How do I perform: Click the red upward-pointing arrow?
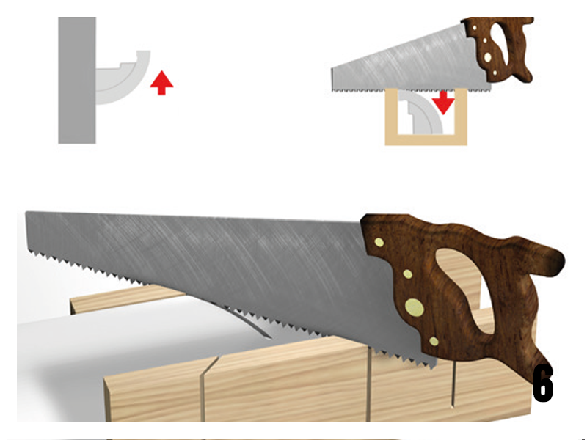[161, 83]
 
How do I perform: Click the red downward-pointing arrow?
[443, 102]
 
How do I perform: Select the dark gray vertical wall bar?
[77, 80]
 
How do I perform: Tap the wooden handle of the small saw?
[498, 48]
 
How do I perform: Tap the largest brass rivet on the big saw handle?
[415, 308]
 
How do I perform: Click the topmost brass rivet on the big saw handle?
[379, 243]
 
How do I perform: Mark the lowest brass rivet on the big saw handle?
[434, 341]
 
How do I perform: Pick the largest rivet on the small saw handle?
[487, 57]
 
